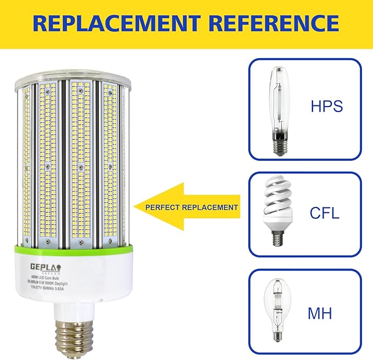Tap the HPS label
coord(327,105)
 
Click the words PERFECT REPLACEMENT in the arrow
coord(192,207)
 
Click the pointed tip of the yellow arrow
coord(135,207)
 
